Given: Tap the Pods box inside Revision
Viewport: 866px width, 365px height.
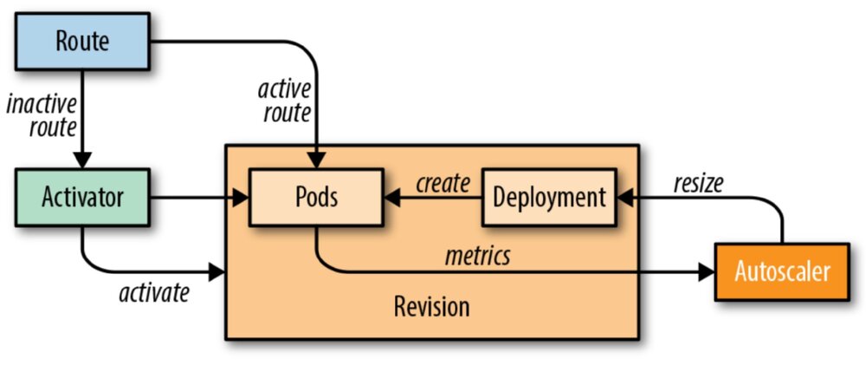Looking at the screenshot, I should [315, 197].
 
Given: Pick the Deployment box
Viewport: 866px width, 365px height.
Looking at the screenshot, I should [548, 197].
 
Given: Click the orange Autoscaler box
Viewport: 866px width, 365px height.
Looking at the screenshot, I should [781, 271].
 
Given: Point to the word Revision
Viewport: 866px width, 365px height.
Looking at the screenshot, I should [431, 306].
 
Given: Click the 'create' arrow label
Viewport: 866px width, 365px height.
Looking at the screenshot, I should [442, 183].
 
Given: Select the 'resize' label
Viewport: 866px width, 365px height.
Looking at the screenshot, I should [697, 183].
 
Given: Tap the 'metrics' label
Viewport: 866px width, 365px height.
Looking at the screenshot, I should [477, 256].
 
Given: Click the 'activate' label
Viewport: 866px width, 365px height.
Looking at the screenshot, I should [153, 292].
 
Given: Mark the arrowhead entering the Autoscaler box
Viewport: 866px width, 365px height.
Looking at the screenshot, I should [708, 272].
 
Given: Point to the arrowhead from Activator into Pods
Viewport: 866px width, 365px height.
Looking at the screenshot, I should [242, 198].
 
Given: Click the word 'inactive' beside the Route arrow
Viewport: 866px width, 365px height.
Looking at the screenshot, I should [42, 104].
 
